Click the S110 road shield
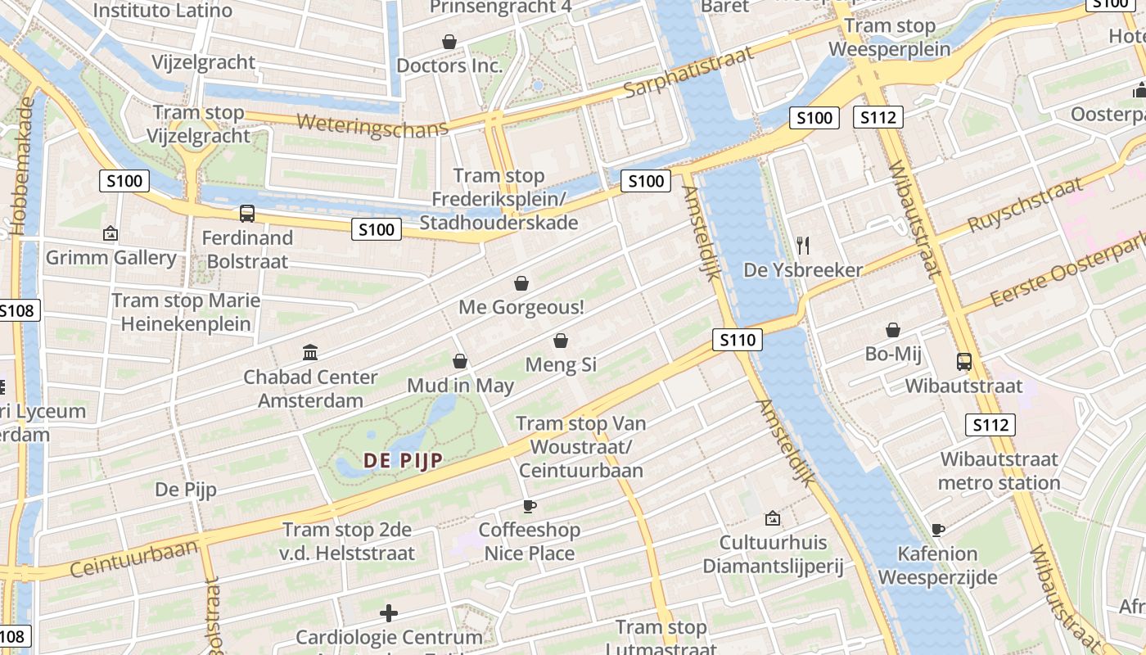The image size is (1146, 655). click(x=737, y=339)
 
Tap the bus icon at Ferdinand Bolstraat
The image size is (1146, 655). click(x=246, y=214)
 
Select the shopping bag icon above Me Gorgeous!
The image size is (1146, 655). click(x=521, y=283)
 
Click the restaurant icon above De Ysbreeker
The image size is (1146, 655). click(x=802, y=245)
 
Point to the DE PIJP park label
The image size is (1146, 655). click(x=402, y=460)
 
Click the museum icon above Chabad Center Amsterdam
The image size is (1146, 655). click(x=310, y=353)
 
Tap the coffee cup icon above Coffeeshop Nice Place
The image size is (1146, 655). click(x=529, y=506)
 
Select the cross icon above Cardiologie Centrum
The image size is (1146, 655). click(x=389, y=612)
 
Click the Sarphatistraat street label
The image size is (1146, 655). click(x=688, y=72)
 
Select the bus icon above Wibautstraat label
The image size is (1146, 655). click(x=963, y=361)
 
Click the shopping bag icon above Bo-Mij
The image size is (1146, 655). click(x=892, y=330)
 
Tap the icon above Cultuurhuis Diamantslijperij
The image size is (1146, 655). click(x=771, y=518)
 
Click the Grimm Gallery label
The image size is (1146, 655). click(x=111, y=258)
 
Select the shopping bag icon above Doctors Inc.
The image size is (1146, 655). click(x=449, y=41)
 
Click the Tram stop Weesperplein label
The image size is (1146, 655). click(x=889, y=38)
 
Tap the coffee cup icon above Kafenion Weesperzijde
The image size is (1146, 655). click(x=937, y=530)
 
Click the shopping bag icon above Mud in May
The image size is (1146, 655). click(x=460, y=361)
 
